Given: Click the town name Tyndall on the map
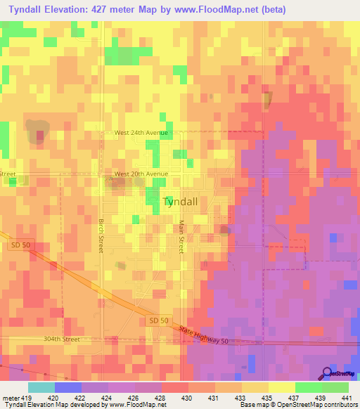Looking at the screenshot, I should coord(185,202).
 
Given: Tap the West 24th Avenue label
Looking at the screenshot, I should coord(141,133).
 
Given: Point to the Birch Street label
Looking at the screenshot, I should coord(101,235).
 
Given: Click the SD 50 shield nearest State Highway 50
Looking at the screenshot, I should coord(160,320).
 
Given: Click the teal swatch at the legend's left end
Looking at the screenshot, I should coord(41,387).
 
